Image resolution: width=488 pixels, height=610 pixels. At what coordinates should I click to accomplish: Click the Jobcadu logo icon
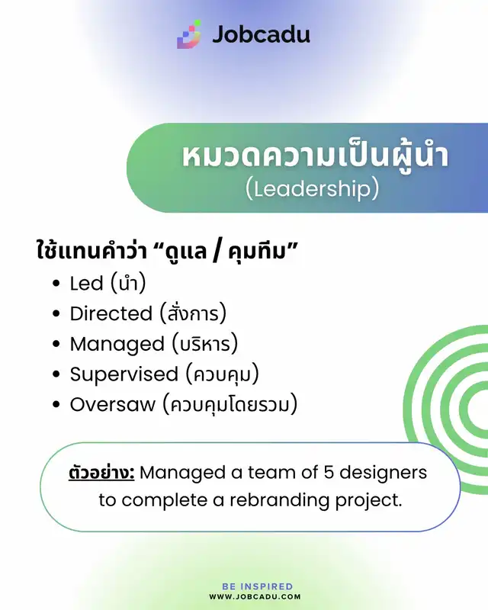click(x=189, y=34)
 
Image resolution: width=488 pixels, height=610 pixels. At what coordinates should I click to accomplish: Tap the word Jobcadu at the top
click(x=261, y=34)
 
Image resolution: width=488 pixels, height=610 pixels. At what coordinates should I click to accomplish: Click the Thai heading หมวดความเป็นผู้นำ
click(x=315, y=156)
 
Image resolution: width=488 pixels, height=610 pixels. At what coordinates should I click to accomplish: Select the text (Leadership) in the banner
click(x=312, y=189)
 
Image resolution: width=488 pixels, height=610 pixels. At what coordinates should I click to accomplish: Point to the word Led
click(x=86, y=283)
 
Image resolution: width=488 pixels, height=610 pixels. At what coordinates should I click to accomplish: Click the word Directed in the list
click(x=111, y=313)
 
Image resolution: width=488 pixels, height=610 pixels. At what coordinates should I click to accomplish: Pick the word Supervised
click(x=124, y=375)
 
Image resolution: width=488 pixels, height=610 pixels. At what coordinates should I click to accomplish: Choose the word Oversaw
click(x=112, y=405)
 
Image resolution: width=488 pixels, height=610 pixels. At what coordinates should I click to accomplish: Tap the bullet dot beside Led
click(x=56, y=283)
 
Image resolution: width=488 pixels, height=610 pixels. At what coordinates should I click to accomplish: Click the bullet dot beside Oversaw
click(x=56, y=405)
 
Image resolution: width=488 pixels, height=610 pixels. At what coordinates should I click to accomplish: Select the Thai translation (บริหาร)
click(x=205, y=344)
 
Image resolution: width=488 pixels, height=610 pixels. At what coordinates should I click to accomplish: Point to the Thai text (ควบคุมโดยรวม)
click(x=230, y=405)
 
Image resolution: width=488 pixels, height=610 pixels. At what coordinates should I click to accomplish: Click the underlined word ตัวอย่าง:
click(x=101, y=473)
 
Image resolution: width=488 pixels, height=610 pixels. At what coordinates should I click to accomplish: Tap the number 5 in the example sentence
click(x=329, y=473)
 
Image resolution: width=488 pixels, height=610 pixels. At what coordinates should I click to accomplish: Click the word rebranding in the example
click(x=279, y=500)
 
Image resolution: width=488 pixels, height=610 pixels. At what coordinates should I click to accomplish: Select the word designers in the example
click(x=383, y=473)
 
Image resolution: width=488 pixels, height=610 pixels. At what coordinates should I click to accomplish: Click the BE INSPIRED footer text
click(x=257, y=586)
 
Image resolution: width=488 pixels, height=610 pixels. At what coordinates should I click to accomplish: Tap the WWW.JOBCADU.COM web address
click(x=255, y=597)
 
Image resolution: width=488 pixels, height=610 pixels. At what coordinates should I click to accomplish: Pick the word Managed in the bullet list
click(x=117, y=345)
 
